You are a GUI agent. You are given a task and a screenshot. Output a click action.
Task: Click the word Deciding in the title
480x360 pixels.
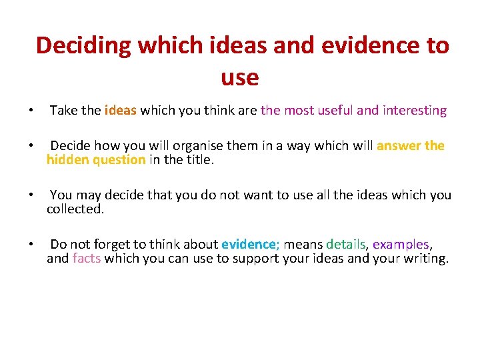coord(84,45)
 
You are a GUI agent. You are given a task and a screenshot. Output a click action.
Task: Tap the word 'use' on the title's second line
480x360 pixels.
coord(239,78)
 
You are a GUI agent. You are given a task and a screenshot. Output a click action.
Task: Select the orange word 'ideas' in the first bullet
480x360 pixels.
coord(121,111)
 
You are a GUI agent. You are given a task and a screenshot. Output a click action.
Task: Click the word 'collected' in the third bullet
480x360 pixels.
coord(74,209)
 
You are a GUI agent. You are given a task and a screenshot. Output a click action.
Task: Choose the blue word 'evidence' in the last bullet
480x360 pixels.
coord(248,245)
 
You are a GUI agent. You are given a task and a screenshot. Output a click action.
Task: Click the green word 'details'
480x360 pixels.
coord(346,245)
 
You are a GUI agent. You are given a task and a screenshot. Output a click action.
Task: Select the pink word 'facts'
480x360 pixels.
coord(87,258)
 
